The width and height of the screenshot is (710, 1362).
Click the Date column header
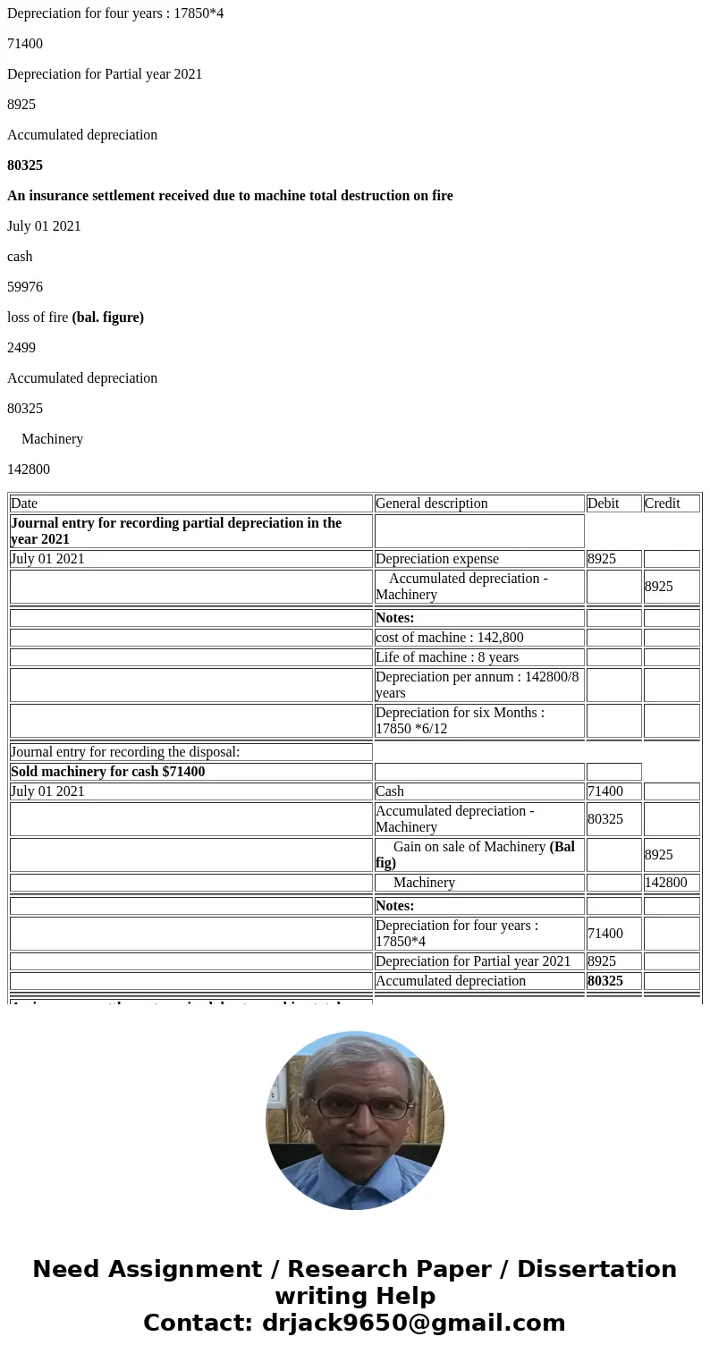point(24,503)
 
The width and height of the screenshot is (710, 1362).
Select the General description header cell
point(431,503)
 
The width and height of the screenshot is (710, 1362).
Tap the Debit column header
point(603,503)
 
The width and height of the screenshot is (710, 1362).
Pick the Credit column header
point(662,503)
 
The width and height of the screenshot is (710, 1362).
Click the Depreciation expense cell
point(436,559)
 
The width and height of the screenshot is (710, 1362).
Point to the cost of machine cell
point(449,638)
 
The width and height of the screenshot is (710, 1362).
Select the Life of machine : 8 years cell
point(446,657)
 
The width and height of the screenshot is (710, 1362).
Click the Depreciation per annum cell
point(477,685)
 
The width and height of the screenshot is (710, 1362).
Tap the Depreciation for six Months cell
point(460,721)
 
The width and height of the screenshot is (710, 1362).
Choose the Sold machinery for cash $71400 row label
point(107,772)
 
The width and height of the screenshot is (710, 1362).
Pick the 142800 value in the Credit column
point(665,883)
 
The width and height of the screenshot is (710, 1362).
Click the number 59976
point(25,287)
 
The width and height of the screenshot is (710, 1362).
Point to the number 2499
point(21,348)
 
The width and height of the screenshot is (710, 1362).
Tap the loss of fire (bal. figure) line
point(75,317)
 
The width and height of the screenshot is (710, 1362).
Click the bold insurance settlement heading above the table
point(230,196)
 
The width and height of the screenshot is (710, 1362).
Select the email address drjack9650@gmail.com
point(413,1324)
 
